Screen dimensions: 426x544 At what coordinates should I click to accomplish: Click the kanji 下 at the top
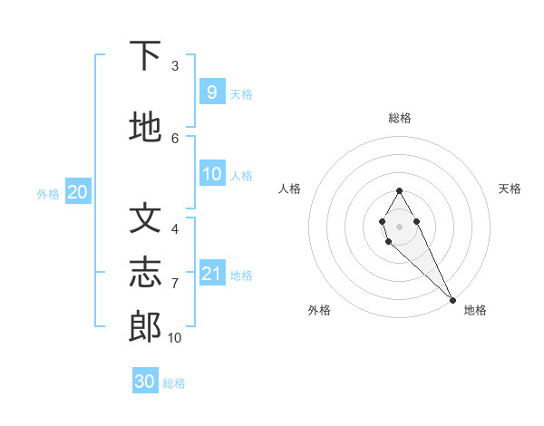click(x=146, y=56)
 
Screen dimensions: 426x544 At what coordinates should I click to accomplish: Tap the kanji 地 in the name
click(x=146, y=128)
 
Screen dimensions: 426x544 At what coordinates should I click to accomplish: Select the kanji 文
click(x=146, y=218)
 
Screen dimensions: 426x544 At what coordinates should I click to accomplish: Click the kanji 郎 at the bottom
click(x=146, y=327)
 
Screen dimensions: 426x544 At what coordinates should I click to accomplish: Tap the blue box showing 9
click(x=211, y=92)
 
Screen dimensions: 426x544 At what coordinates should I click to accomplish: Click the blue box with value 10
click(x=211, y=174)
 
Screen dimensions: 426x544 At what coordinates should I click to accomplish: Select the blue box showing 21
click(x=211, y=274)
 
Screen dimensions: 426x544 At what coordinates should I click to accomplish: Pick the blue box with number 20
click(x=77, y=192)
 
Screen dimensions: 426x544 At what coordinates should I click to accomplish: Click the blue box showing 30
click(x=145, y=382)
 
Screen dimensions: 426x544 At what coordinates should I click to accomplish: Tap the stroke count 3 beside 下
click(x=175, y=66)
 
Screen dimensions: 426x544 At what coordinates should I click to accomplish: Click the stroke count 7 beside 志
click(x=175, y=284)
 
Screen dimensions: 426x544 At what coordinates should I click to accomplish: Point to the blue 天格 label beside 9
click(x=241, y=93)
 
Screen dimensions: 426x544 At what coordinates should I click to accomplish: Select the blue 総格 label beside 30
click(x=174, y=383)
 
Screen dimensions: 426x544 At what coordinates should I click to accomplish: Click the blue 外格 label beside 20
click(x=48, y=194)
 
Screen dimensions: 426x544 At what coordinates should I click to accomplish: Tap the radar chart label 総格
click(x=399, y=118)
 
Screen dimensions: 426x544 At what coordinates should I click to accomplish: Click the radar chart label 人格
click(x=290, y=189)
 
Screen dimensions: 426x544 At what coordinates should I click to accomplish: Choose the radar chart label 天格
click(x=510, y=189)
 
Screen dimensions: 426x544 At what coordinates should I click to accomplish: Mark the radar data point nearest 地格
click(x=452, y=299)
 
